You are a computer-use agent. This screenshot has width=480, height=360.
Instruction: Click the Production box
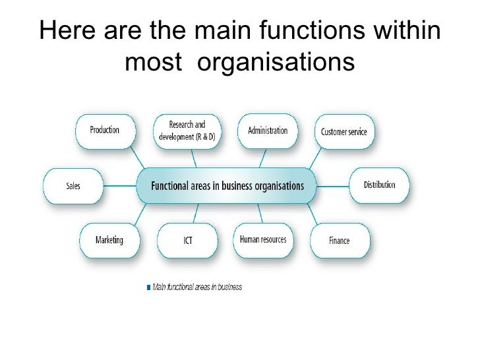coord(105,131)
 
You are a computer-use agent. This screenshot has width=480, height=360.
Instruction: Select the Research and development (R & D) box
coord(187,131)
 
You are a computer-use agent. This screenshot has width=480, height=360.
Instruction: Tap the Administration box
coord(267,131)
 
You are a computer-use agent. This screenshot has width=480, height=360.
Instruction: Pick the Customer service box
coord(344,132)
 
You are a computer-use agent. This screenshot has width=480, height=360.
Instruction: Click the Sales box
coord(73,186)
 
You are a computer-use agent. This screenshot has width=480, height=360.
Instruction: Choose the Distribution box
coord(379,185)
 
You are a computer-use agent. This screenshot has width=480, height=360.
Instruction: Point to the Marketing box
coord(109,240)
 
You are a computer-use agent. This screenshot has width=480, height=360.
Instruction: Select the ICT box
coord(188,241)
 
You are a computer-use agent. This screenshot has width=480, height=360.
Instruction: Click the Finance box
coord(339,241)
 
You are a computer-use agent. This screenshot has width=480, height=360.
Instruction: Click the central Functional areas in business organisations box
coord(227,185)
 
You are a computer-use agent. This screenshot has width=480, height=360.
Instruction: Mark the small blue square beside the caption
coord(148,287)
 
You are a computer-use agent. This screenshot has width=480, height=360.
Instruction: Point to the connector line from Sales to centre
coord(119,185)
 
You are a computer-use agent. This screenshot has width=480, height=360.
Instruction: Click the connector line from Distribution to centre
coord(334,185)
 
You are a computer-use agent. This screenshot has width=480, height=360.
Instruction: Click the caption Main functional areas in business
coord(197,287)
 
